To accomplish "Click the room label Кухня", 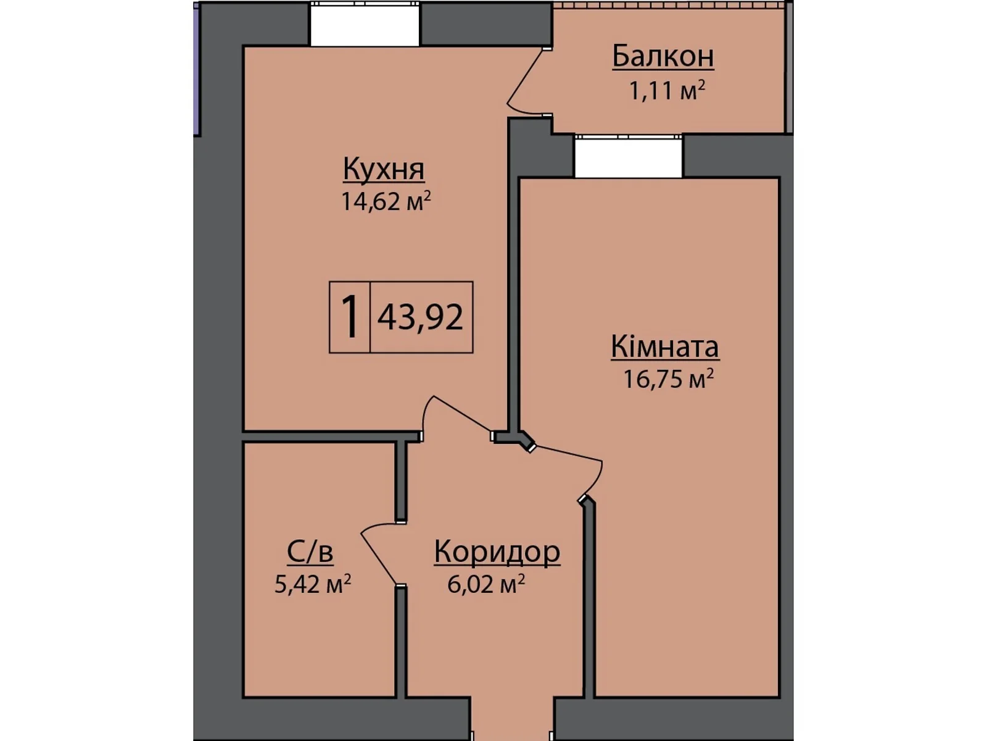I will click(383, 169).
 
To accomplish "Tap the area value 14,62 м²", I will click(386, 201).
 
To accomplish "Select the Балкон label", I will click(663, 56).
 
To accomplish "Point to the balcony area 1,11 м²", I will click(666, 91).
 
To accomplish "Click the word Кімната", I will click(664, 346).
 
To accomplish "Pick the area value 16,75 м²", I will click(668, 378).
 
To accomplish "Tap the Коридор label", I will click(497, 551).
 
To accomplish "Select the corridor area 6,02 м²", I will click(486, 583).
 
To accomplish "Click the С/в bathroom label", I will click(310, 551).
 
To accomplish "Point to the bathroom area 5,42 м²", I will click(313, 583).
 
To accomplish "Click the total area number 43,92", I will click(420, 317).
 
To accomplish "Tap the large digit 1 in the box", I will click(349, 317).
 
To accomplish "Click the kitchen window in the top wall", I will click(365, 25).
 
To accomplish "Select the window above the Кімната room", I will click(628, 157).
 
